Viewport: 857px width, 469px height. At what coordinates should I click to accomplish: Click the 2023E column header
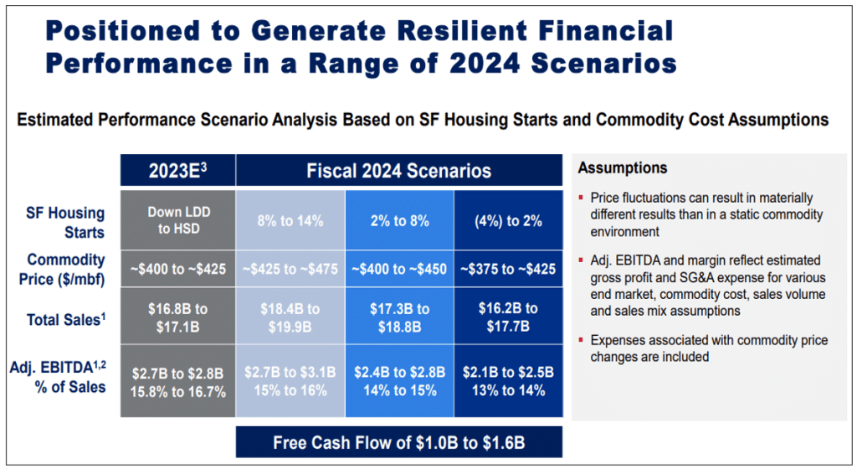(177, 171)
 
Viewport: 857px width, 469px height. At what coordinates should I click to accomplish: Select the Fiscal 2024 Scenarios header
(398, 171)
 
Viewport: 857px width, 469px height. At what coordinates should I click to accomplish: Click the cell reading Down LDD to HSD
(177, 220)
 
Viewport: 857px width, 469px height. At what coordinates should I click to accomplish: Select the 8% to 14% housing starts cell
(290, 221)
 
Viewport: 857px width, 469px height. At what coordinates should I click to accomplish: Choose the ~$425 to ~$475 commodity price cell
(290, 270)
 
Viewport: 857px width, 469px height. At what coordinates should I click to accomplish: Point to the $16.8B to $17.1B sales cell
(177, 317)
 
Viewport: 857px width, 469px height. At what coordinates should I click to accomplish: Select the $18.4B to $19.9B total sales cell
(290, 317)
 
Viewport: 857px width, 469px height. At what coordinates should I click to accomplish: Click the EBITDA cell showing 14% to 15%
(399, 390)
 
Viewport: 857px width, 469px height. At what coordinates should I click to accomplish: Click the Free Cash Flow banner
(398, 441)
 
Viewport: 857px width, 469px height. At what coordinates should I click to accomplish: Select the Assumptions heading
(622, 168)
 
